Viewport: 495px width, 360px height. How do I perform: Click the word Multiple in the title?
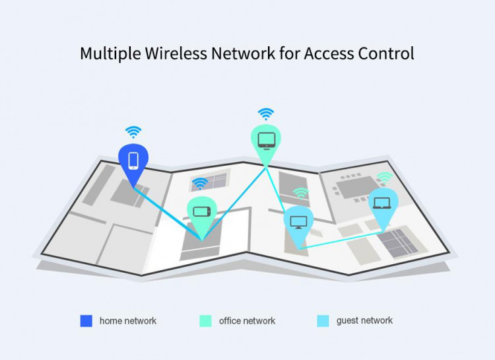click(110, 54)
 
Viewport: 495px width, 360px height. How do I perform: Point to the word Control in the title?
click(386, 53)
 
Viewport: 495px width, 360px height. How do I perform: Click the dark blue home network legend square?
click(86, 321)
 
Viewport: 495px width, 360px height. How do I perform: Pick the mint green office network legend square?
click(205, 321)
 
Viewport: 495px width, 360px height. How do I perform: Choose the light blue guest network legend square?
click(323, 321)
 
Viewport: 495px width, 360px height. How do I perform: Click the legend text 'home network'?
click(128, 321)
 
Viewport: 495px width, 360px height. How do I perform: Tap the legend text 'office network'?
click(247, 321)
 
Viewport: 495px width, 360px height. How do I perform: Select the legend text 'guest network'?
click(364, 321)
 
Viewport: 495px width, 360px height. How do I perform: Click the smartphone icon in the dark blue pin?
click(133, 161)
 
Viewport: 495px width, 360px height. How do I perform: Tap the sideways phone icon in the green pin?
click(202, 211)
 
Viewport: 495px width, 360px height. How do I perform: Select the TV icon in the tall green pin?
click(267, 141)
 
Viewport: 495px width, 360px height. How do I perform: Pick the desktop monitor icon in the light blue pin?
click(298, 222)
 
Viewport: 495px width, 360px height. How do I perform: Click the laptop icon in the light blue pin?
click(382, 203)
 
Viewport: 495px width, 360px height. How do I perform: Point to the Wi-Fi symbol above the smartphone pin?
click(133, 132)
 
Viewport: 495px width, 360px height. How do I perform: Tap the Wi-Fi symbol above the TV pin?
click(266, 114)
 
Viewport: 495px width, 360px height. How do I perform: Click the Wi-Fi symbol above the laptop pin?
click(385, 178)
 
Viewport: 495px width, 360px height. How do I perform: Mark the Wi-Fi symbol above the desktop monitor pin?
click(301, 194)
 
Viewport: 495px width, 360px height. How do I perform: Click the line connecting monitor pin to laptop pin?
click(341, 240)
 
